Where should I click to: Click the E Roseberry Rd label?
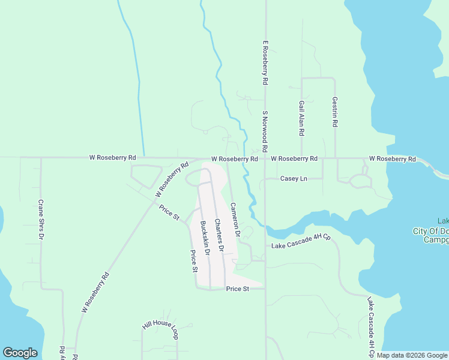point(264,62)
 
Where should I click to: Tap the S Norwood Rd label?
point(264,131)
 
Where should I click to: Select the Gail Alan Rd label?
point(301,118)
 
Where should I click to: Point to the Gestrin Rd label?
point(335,112)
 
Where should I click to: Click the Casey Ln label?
point(294,179)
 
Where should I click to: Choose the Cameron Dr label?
point(235,218)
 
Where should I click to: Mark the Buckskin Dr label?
point(205,238)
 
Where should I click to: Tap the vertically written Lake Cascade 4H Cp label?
point(372,328)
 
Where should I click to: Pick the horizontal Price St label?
point(238,289)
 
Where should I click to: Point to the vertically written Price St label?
point(194,262)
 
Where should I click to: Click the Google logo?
point(20,353)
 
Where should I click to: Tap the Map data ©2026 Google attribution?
point(412,356)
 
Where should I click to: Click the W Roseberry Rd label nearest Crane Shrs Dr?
point(112,157)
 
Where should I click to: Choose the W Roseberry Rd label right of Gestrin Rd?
point(392,159)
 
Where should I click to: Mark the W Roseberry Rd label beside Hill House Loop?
point(96,293)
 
